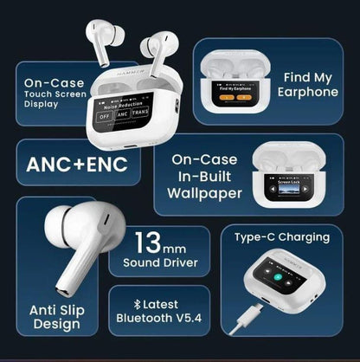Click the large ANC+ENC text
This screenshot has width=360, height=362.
(78, 165)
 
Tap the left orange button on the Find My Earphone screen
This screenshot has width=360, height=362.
(225, 98)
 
